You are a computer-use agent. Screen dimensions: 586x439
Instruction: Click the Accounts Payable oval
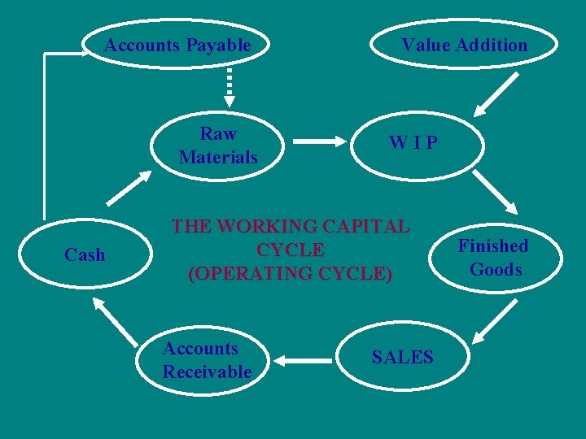(x=177, y=46)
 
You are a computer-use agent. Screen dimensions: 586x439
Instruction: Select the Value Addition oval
(x=464, y=46)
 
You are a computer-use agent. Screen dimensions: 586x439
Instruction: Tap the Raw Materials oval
(x=218, y=145)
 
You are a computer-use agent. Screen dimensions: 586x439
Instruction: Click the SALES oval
(x=403, y=356)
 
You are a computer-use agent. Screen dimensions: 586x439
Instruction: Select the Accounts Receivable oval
(x=208, y=360)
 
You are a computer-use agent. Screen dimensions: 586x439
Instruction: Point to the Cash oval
(x=85, y=255)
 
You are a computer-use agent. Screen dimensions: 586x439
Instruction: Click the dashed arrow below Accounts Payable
(x=230, y=86)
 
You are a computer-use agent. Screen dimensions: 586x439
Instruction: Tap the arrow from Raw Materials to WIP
(x=318, y=141)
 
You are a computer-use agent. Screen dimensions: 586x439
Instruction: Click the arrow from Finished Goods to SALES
(x=492, y=321)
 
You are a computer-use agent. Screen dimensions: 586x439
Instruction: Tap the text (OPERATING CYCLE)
(x=290, y=274)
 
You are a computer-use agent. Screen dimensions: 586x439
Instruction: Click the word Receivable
(x=208, y=372)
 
